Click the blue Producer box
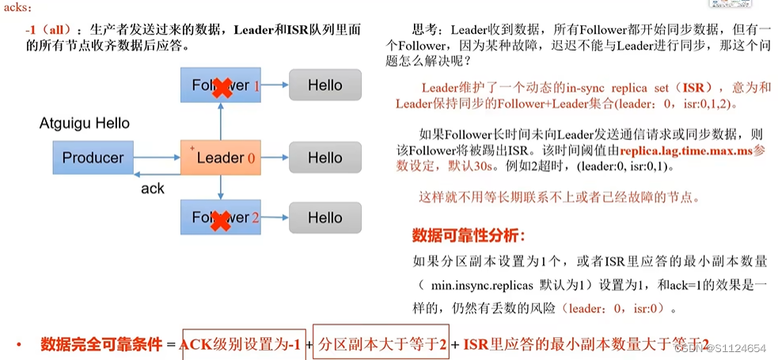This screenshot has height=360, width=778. pos(93,157)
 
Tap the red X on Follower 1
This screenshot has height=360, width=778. pos(222,86)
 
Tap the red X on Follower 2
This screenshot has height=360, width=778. pos(222,218)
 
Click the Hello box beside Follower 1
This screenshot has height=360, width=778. pos(324,85)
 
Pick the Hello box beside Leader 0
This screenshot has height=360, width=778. pos(324,157)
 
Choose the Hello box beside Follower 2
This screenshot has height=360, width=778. pos(324,218)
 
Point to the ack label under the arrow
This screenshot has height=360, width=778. pos(152,188)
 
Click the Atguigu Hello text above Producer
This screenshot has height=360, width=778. pos(85,123)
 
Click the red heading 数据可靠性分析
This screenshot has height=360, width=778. pos(469,235)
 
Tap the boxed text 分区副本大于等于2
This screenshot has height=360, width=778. pos(381,344)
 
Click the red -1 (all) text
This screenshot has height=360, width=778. pos(51,29)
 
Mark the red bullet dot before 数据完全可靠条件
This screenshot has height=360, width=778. pos(18,345)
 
